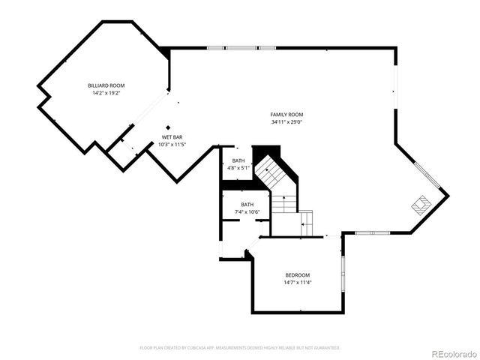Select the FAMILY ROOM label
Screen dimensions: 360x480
[287, 114]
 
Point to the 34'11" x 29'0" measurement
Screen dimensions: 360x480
[287, 121]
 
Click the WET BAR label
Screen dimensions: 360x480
[172, 137]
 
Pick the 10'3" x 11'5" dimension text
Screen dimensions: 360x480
[172, 144]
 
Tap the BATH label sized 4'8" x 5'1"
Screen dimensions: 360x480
[238, 160]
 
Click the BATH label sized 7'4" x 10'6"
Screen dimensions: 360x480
[247, 205]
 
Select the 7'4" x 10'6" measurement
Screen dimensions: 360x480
[247, 212]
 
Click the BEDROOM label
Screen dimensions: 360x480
[297, 275]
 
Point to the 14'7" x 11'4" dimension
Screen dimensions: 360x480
[297, 283]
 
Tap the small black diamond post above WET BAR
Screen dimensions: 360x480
[169, 126]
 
